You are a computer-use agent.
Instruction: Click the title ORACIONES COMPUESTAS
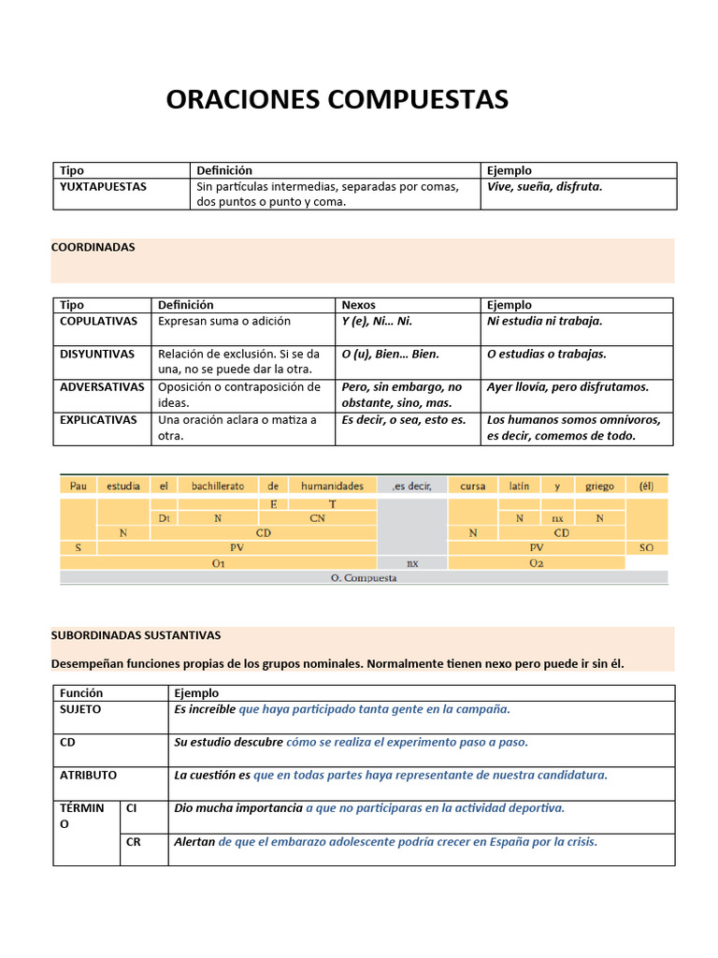point(337,100)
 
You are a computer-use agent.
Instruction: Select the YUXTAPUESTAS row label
point(103,187)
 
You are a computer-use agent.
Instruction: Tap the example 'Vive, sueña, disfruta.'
point(544,187)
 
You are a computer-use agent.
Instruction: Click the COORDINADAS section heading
point(93,248)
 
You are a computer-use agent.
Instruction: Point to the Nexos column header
point(359,305)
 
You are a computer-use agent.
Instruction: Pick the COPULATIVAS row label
point(98,321)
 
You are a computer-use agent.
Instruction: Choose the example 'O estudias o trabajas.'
point(546,355)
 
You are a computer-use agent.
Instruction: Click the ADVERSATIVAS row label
point(102,387)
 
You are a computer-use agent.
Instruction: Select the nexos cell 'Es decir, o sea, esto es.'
point(403,420)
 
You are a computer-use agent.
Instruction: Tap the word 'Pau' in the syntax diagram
point(78,486)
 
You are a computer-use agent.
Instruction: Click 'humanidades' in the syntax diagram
point(332,486)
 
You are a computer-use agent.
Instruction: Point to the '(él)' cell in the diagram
point(646,486)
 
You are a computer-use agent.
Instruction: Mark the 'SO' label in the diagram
point(646,547)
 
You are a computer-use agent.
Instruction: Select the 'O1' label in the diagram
point(218,563)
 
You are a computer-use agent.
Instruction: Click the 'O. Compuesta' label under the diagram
point(364,578)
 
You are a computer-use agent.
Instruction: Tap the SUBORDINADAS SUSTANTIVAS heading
point(136,635)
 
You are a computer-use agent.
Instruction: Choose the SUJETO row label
point(80,710)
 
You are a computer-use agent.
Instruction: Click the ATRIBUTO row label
point(88,776)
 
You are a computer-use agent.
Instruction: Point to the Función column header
point(81,693)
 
